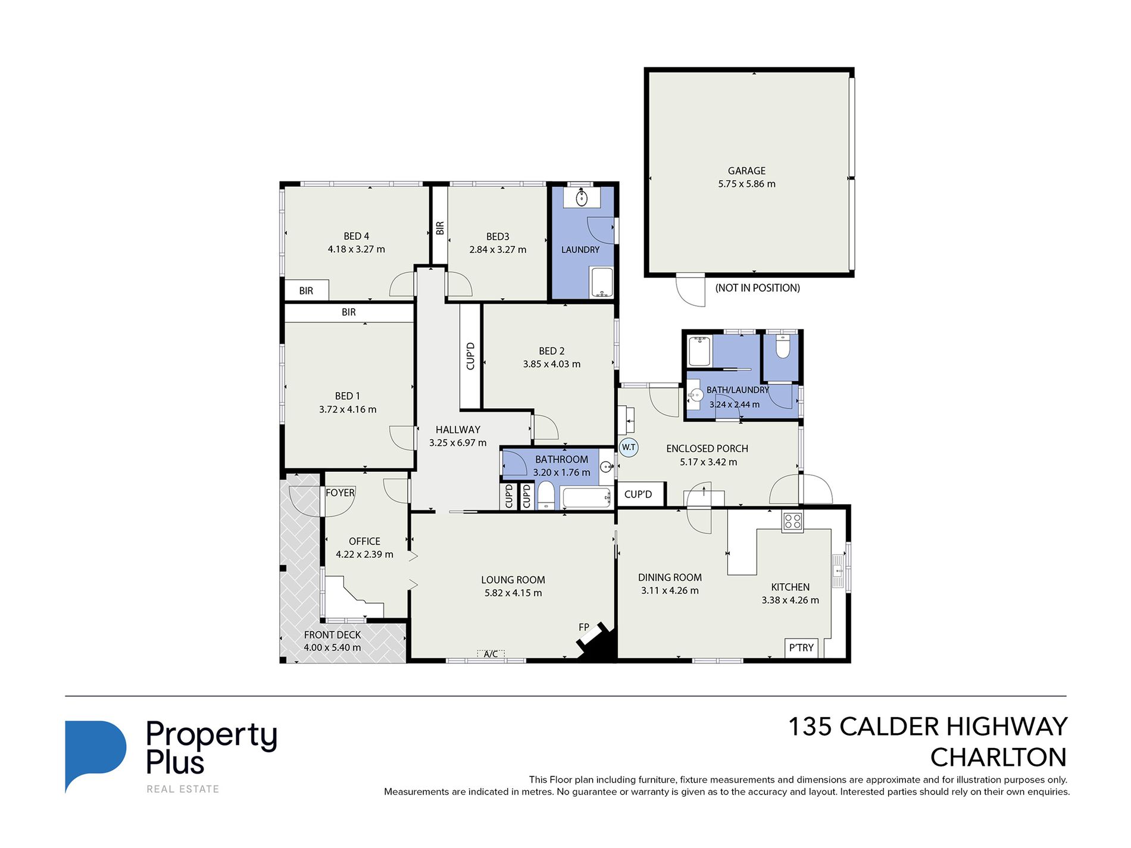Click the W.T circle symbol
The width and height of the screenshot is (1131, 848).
click(629, 448)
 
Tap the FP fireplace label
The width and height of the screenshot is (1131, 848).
click(583, 627)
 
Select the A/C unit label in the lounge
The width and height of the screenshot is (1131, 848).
click(490, 654)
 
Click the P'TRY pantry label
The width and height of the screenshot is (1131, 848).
click(801, 647)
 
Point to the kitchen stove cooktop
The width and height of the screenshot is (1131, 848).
click(792, 522)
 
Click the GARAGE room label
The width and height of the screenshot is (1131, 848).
click(746, 171)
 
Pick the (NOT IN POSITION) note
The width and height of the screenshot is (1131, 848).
click(757, 288)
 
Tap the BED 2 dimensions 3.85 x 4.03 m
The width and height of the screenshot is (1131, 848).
click(552, 364)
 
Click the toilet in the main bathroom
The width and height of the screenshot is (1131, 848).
click(546, 496)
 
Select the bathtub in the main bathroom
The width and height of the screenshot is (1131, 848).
click(587, 497)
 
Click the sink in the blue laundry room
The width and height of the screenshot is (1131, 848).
click(581, 197)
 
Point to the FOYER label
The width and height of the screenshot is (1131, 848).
click(340, 493)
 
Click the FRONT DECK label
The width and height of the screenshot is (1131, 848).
click(332, 635)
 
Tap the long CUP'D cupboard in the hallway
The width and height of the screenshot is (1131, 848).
click(470, 356)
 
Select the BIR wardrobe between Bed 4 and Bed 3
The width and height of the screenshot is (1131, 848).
click(440, 226)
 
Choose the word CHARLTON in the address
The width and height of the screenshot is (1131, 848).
click(998, 758)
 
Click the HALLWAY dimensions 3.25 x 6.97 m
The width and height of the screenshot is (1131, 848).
click(458, 443)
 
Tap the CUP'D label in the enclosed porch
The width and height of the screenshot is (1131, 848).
click(638, 494)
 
